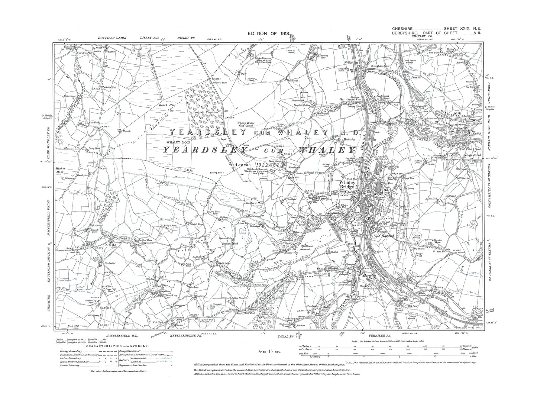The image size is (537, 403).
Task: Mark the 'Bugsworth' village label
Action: (x=470, y=152)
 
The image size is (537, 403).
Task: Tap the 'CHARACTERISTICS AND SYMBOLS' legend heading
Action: (x=117, y=346)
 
